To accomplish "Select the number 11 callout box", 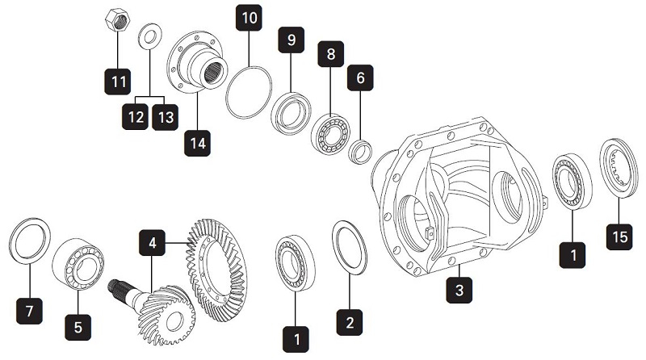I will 119,81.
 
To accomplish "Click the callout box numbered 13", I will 166,118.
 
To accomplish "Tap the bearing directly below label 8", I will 330,129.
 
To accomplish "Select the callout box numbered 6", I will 360,78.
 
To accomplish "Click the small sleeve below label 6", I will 361,149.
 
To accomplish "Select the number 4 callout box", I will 153,241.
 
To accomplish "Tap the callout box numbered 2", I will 350,321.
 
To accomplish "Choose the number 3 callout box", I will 459,288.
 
